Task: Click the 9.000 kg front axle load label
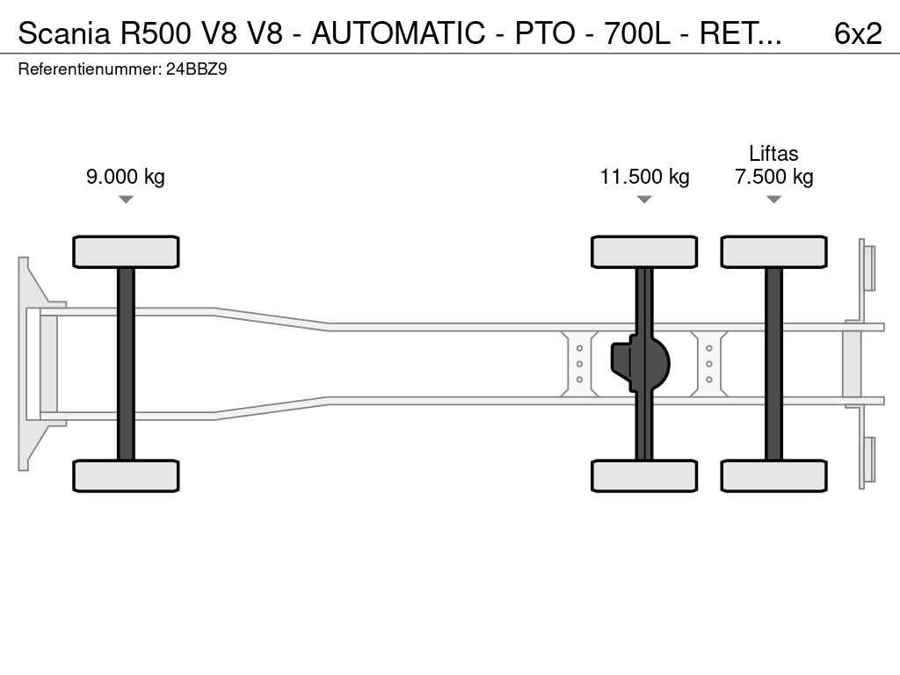coord(126,177)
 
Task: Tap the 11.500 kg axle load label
coord(644,177)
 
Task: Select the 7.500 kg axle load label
coord(773,177)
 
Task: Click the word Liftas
coord(773,154)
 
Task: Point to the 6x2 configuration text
coord(857,33)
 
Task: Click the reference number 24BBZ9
coord(196,69)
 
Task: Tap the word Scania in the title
coord(64,33)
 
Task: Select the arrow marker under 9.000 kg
coord(126,200)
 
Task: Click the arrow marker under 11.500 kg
coord(644,200)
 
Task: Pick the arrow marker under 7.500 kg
coord(773,200)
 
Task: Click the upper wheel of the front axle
coord(126,252)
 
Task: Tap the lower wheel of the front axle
coord(126,475)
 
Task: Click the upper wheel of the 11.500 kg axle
coord(644,252)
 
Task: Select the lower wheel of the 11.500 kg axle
coord(644,475)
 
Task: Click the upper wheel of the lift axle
coord(773,252)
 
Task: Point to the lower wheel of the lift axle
coord(773,475)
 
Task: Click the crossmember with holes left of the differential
coord(580,363)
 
